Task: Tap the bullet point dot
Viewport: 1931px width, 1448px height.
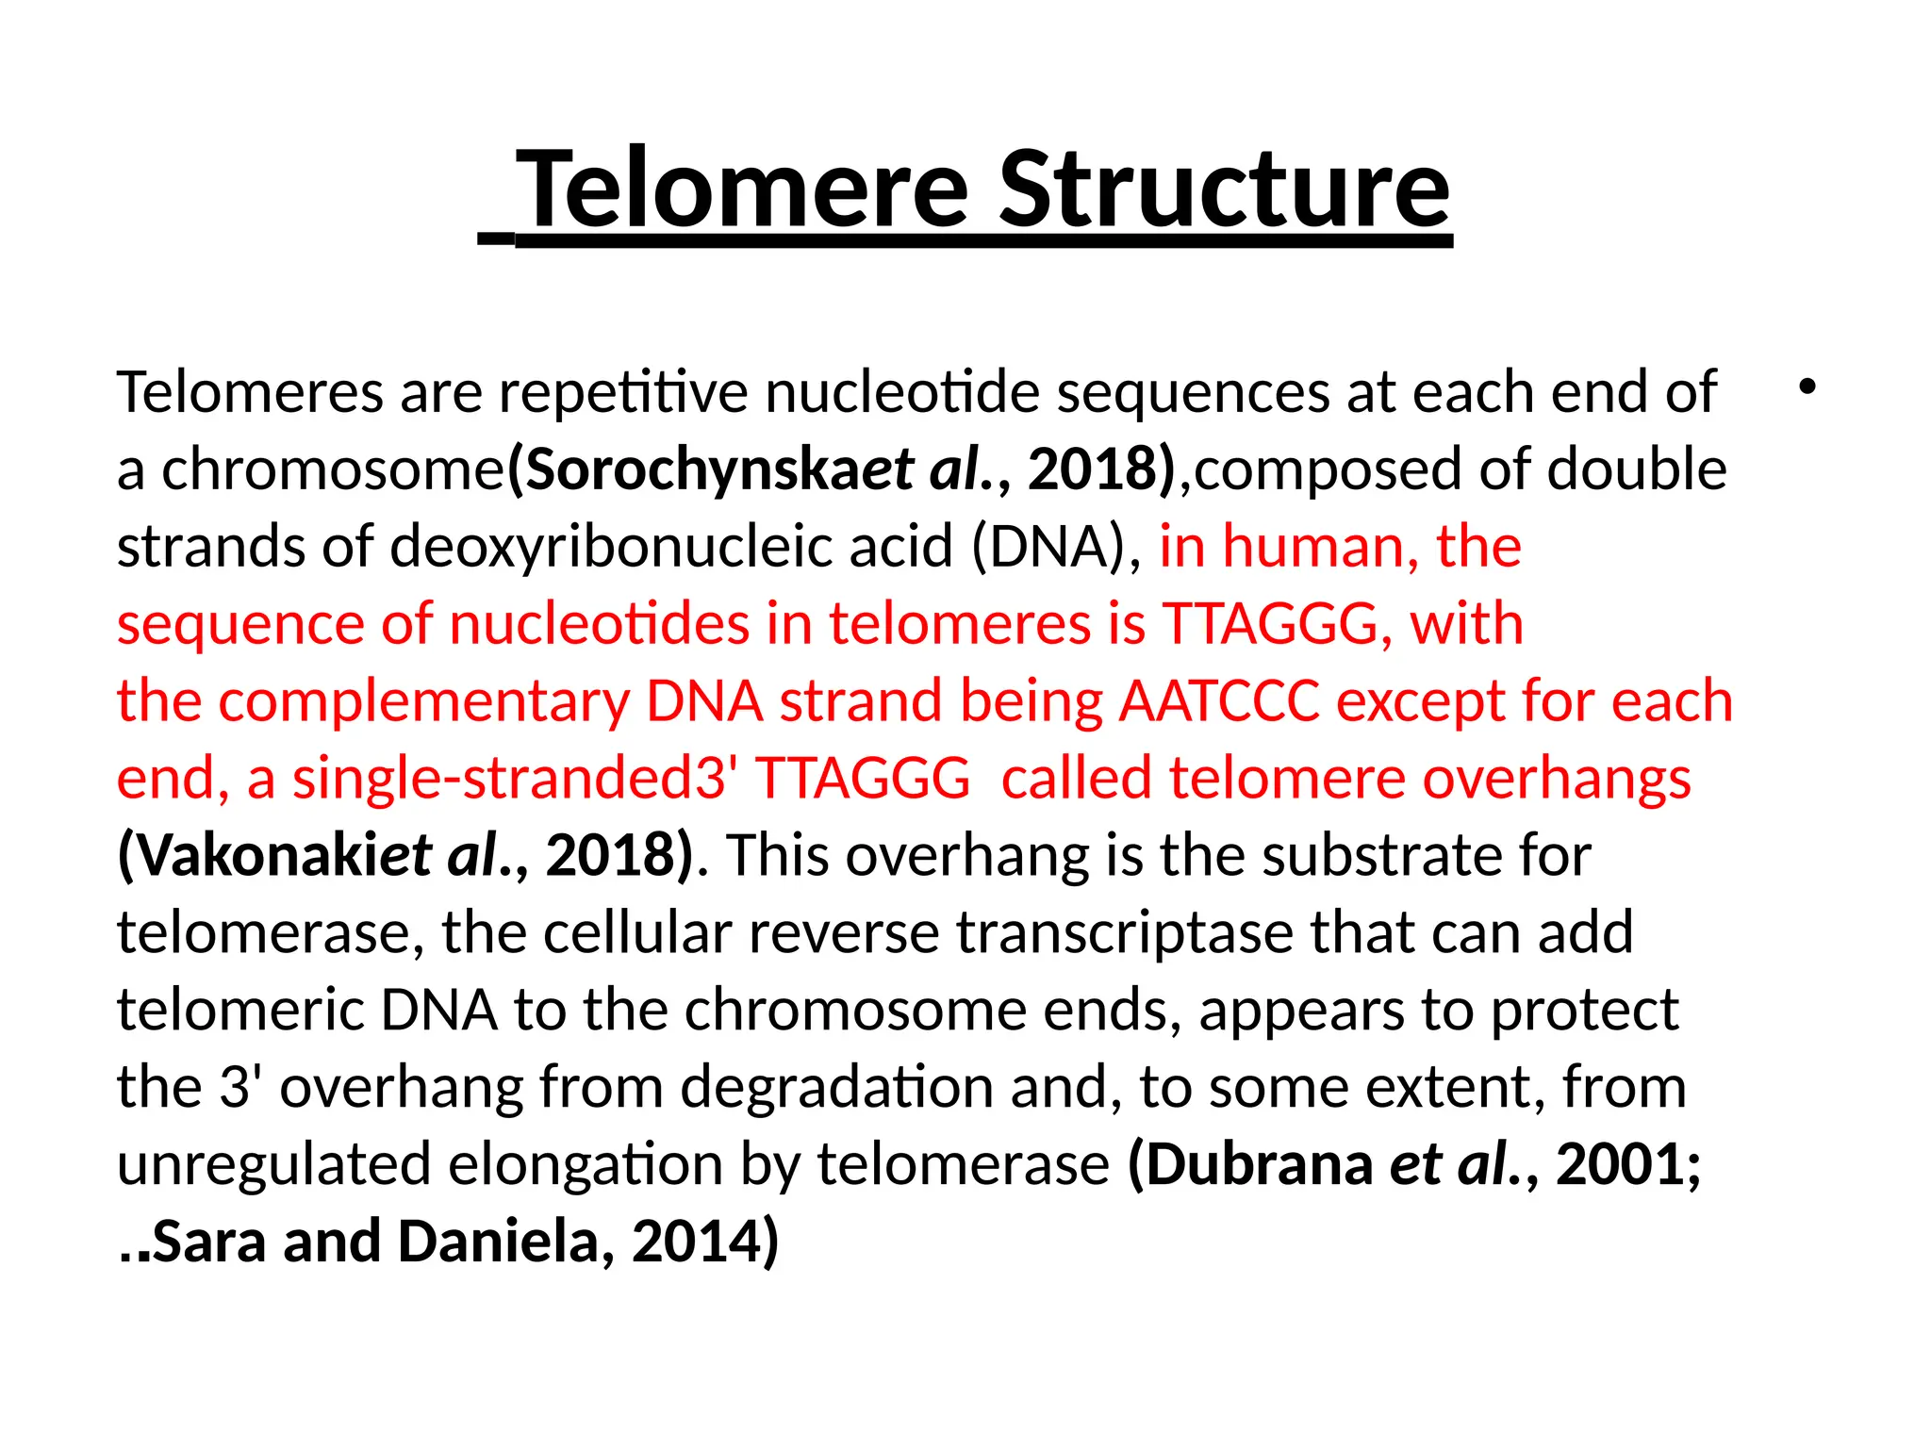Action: tap(1807, 387)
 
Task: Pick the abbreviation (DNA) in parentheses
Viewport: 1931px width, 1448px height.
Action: tap(1048, 547)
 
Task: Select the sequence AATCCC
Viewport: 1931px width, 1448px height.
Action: tap(1220, 701)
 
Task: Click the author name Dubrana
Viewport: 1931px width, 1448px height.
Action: tap(1259, 1165)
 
